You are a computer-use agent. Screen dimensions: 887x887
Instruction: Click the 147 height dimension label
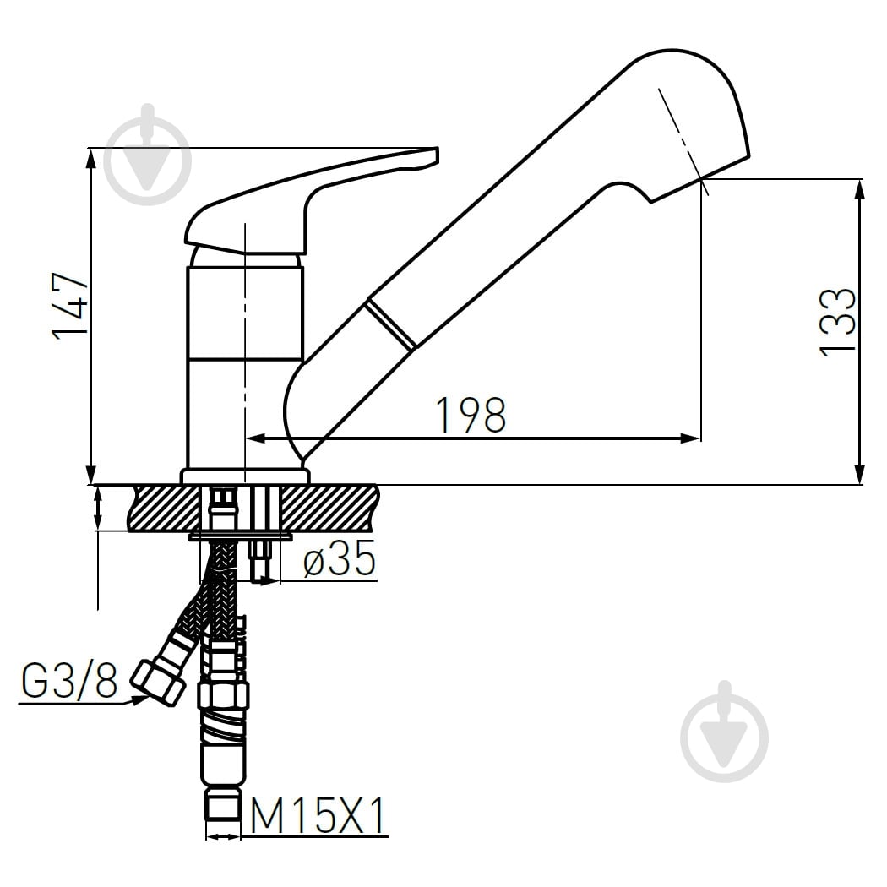(x=71, y=306)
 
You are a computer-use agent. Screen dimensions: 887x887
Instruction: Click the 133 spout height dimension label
(x=838, y=322)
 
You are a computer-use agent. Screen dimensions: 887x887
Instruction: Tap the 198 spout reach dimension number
(x=471, y=416)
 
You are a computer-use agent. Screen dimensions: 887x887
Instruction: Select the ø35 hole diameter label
(x=340, y=559)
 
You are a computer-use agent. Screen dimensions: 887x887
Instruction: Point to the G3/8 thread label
(x=69, y=680)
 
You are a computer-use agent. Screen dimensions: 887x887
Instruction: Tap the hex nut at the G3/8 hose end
(x=158, y=683)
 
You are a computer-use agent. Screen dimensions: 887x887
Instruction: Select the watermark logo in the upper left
(x=148, y=154)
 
